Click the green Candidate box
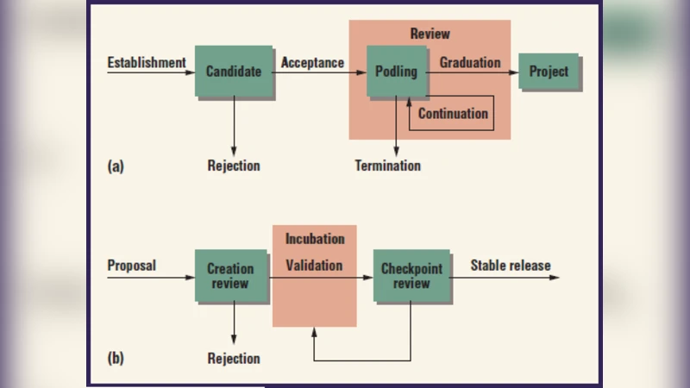pos(233,72)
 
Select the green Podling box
pos(396,72)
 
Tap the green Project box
pos(549,72)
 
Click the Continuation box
pos(452,114)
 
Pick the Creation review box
pos(229,276)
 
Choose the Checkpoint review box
pos(411,276)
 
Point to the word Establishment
pos(146,62)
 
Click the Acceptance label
pos(312,62)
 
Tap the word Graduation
pos(469,62)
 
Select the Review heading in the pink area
pos(430,34)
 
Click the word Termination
pos(388,166)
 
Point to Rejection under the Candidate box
pos(233,166)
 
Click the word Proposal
pos(131,266)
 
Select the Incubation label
pos(315,239)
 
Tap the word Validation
pos(314,266)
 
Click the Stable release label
pos(510,266)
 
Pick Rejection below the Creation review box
pos(233,358)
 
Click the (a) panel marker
pos(116,166)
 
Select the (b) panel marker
pos(116,358)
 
